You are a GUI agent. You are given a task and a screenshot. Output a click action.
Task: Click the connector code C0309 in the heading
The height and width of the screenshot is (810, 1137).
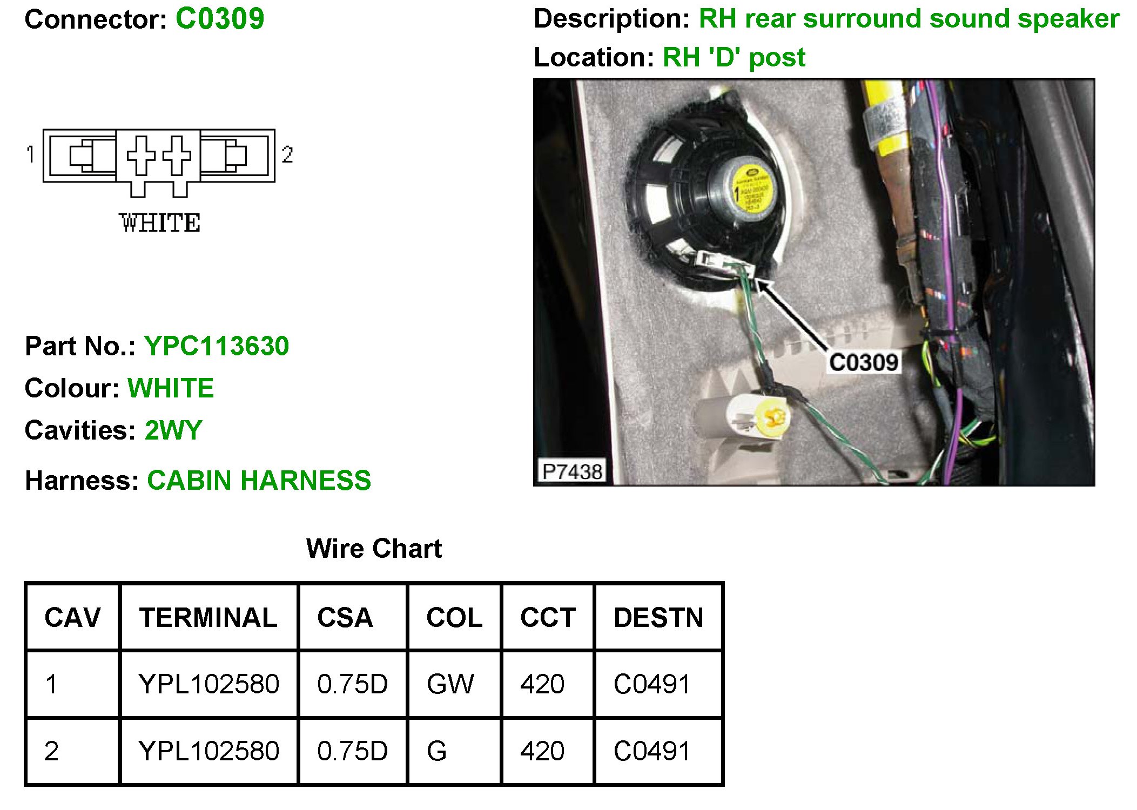pos(220,19)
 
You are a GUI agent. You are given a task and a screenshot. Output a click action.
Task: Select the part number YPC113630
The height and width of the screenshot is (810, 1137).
pos(217,346)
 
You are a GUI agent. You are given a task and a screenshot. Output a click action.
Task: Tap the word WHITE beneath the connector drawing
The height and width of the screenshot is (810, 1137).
pos(160,223)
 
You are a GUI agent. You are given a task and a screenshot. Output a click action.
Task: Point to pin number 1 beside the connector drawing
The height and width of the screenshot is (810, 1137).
pos(30,154)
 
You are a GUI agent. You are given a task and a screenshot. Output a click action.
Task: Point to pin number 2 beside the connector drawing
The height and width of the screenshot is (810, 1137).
pos(287,154)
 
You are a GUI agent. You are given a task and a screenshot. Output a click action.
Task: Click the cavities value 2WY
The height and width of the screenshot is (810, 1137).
pos(173,430)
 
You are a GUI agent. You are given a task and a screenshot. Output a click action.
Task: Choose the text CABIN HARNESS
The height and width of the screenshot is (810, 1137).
pos(259,480)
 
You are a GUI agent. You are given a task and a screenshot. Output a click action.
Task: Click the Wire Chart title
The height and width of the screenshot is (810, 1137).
pos(374,549)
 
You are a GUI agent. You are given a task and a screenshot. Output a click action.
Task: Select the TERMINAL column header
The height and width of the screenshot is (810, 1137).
pos(208,617)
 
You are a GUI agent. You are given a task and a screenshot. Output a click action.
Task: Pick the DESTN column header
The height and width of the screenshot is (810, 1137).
pos(658,617)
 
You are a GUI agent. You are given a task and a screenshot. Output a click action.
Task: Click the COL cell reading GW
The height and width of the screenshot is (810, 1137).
pos(450,684)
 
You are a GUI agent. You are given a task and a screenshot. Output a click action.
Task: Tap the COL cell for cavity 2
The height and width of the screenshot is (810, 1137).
pos(437,751)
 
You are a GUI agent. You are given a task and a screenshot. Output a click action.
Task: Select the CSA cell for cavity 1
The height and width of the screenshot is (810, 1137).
pos(352,684)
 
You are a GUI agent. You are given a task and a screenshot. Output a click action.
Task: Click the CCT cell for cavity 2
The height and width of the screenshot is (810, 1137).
pos(542,751)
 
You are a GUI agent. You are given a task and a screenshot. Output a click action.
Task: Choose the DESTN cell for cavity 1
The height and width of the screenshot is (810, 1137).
pos(652,684)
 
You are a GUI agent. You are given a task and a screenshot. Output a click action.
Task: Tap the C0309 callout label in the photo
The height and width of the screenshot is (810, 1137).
pos(864,362)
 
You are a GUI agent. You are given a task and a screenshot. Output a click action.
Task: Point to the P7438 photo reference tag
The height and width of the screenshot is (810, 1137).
pos(572,471)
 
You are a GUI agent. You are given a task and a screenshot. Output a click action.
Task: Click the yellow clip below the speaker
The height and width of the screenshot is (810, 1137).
pos(772,417)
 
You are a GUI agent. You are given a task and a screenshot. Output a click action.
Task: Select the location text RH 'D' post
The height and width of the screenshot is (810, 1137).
pos(734,57)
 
